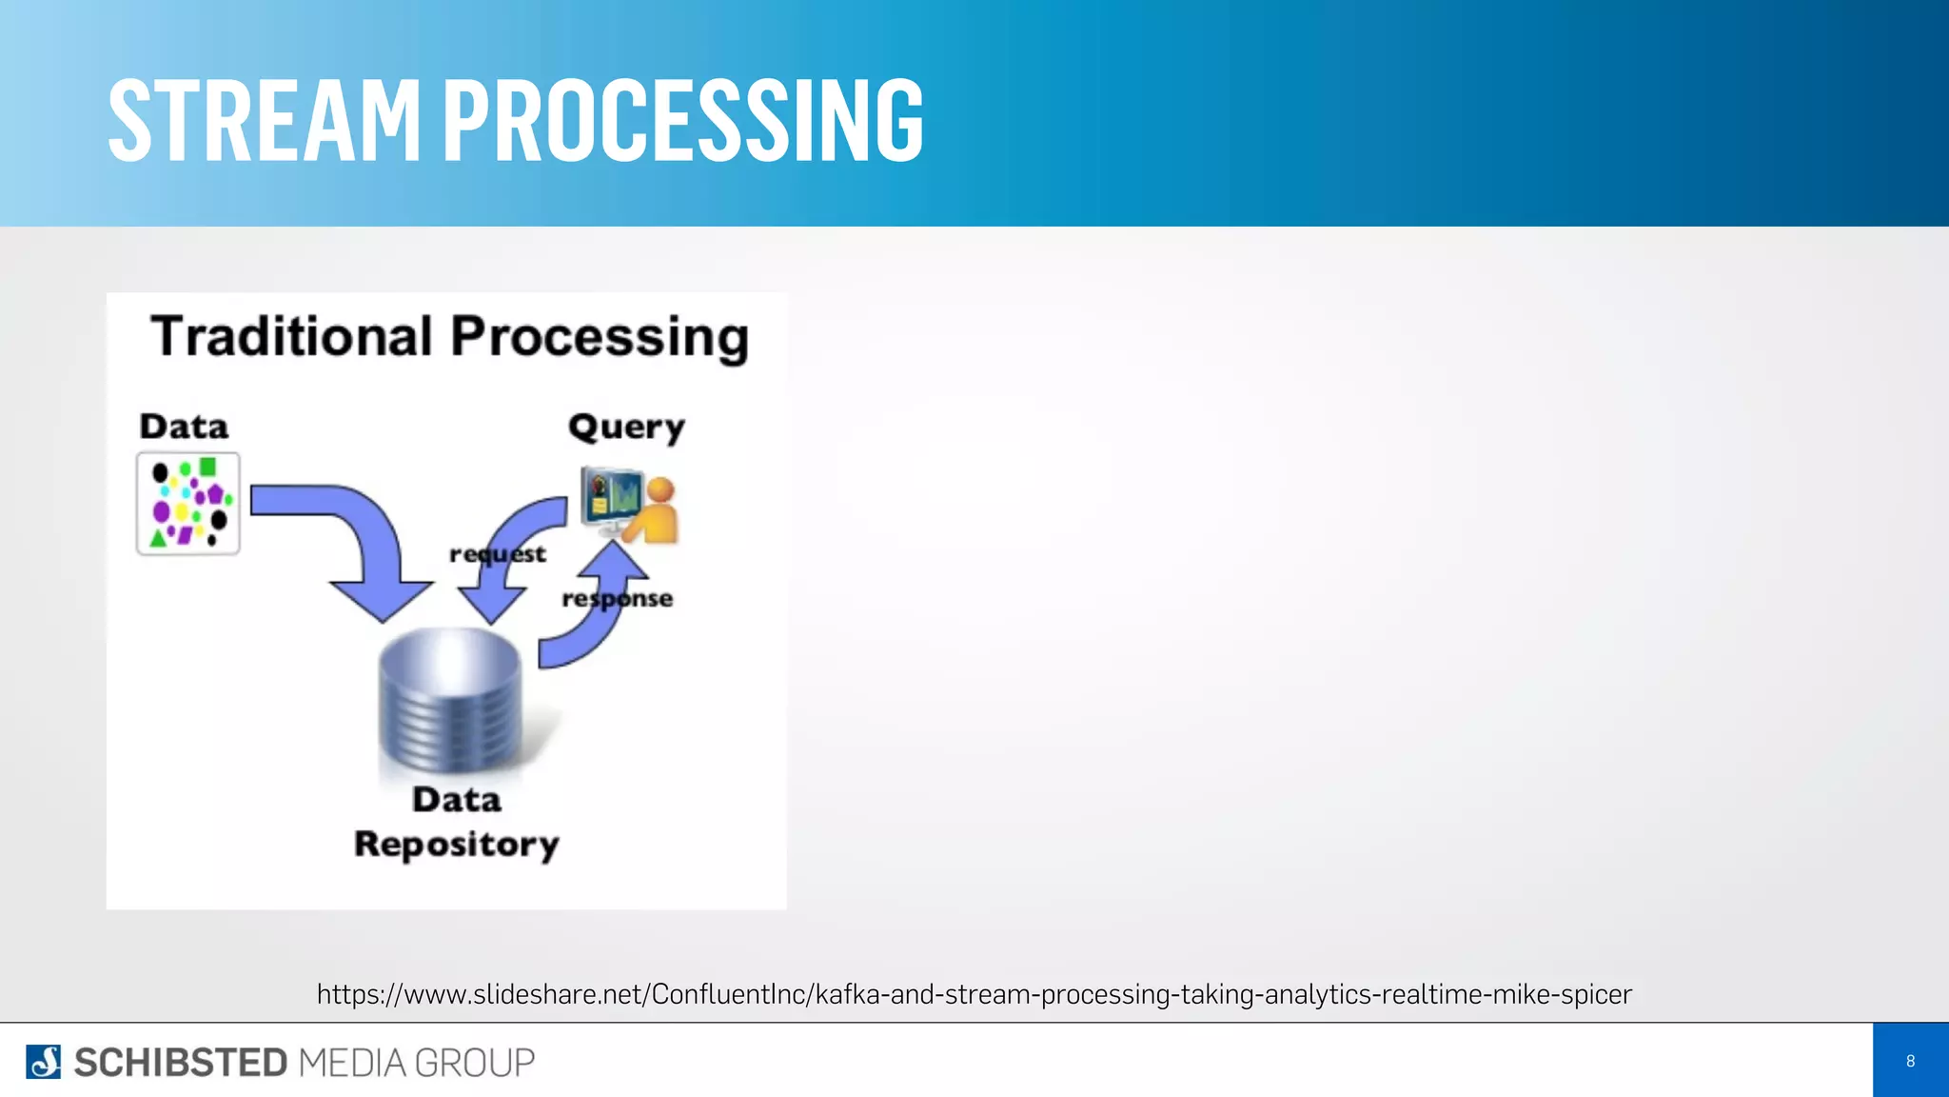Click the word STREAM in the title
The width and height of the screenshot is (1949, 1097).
coord(264,121)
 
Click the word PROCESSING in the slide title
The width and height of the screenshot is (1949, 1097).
coord(682,121)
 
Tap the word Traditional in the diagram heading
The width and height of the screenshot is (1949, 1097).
coord(291,337)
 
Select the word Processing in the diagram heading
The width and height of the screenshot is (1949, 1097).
coord(600,339)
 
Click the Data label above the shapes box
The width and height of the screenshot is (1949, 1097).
coord(184,427)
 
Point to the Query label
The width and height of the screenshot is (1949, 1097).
coord(626,428)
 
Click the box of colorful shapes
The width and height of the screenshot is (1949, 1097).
coord(188,504)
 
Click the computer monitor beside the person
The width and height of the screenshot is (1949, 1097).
coord(612,496)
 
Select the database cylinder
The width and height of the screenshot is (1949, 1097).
coord(450,700)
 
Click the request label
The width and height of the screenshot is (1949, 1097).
coord(497,554)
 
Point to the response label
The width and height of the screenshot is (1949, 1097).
coord(617,599)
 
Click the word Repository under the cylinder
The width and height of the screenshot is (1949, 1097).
coord(457,845)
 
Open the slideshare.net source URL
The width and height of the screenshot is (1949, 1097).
coord(974,994)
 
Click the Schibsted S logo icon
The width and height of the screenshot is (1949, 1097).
coord(43,1062)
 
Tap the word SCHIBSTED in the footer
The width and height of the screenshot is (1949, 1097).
coord(181,1063)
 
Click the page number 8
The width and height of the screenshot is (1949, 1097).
coord(1910,1061)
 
